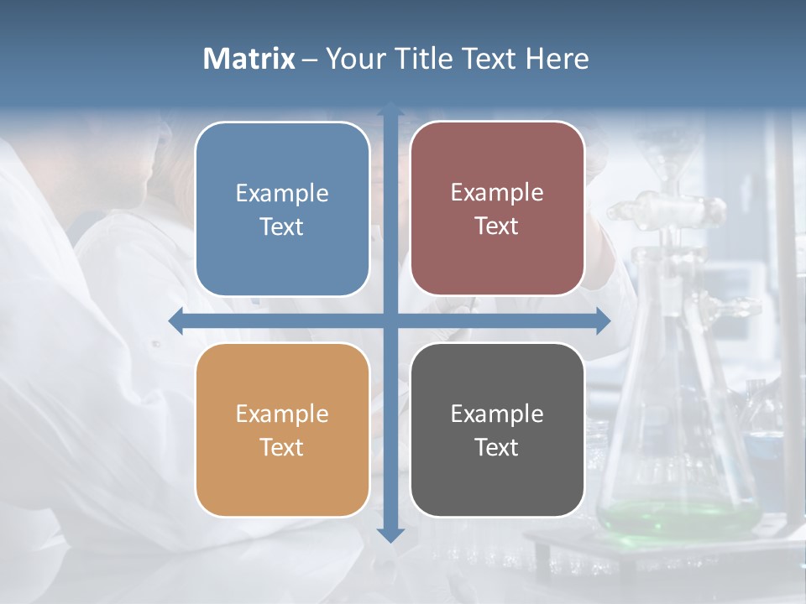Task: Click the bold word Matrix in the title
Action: tap(249, 59)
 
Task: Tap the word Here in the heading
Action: tap(557, 59)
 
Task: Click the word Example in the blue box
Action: tap(282, 194)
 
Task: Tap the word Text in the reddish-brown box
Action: tap(497, 226)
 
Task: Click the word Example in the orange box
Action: tap(282, 414)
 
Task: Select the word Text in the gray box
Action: tap(497, 448)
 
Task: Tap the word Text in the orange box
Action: tap(282, 448)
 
